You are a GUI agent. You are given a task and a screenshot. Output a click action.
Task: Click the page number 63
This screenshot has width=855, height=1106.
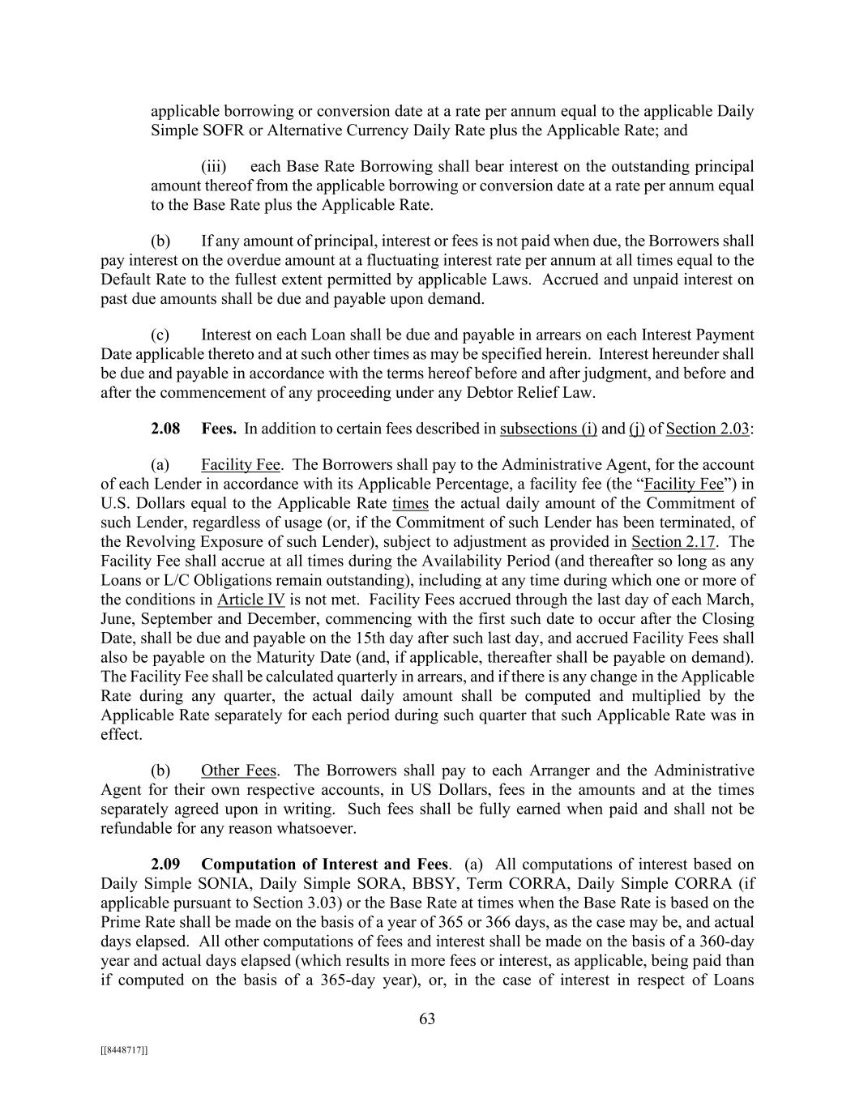click(x=427, y=1018)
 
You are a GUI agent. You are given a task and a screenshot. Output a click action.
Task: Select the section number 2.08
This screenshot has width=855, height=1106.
click(x=165, y=429)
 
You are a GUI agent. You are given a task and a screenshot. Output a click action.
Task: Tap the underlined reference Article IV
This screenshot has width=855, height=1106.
click(x=251, y=600)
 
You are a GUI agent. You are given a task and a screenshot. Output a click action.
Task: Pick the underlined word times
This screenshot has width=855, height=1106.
click(x=410, y=503)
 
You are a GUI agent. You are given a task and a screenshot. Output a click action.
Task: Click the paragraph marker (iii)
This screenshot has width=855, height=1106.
click(x=213, y=166)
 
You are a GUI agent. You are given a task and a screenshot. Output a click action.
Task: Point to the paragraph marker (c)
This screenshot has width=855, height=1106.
click(x=160, y=335)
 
